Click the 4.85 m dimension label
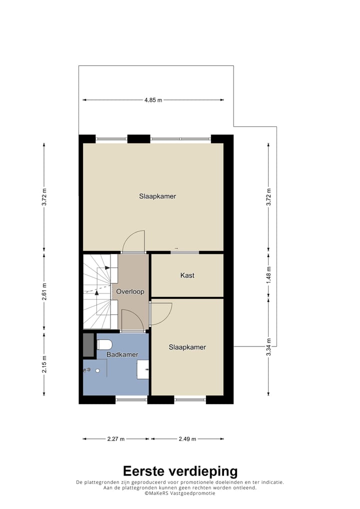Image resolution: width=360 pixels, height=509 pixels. click(x=153, y=100)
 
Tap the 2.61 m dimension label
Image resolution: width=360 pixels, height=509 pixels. click(x=44, y=292)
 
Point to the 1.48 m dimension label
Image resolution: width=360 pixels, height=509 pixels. click(x=268, y=274)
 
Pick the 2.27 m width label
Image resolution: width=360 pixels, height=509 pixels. click(x=116, y=439)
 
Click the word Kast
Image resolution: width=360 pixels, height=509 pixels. click(x=187, y=275)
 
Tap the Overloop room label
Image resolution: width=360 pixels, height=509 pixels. click(x=130, y=291)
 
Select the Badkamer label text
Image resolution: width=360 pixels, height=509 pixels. click(x=122, y=354)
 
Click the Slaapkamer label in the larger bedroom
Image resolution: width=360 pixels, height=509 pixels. click(x=157, y=196)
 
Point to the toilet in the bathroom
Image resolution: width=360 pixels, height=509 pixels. click(x=104, y=344)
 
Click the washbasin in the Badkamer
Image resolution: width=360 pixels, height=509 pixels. click(x=143, y=369)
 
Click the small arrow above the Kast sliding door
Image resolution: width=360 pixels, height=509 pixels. click(x=176, y=248)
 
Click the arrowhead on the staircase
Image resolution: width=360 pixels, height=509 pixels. click(x=107, y=268)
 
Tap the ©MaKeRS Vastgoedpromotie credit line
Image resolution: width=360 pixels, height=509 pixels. click(x=180, y=493)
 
